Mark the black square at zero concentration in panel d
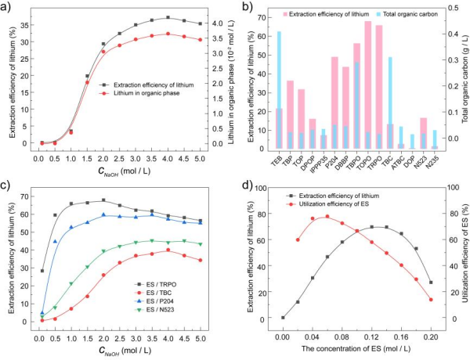click(x=283, y=318)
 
